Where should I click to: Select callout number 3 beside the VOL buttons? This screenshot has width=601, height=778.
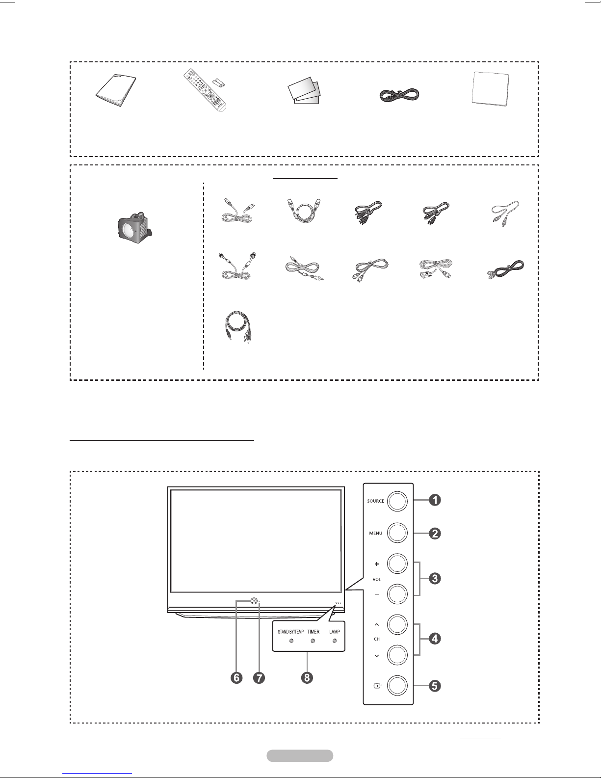click(x=435, y=578)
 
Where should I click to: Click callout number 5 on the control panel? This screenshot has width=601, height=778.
click(x=435, y=686)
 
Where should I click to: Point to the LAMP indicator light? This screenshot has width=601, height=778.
click(x=335, y=641)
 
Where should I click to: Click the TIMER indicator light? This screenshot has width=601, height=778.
click(x=313, y=641)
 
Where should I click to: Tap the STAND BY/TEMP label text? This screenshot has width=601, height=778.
click(x=290, y=632)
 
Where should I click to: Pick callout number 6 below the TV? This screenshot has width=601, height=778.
click(x=236, y=678)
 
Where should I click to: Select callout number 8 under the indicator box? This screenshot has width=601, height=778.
click(x=307, y=678)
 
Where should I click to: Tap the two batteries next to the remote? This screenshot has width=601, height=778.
click(x=219, y=82)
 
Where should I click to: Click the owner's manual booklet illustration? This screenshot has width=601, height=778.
click(x=116, y=90)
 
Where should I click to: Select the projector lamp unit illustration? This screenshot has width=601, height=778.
click(x=134, y=226)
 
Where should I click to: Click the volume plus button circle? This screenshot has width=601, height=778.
click(x=397, y=563)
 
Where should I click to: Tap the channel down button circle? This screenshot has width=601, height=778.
click(x=397, y=655)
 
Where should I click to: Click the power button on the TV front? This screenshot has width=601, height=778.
click(x=254, y=601)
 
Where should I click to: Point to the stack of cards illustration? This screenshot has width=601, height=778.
click(x=304, y=91)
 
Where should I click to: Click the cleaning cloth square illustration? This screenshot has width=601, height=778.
click(x=491, y=89)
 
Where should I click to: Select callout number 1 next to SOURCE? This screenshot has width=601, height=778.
click(x=435, y=500)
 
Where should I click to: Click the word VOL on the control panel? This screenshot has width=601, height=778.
click(x=377, y=579)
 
